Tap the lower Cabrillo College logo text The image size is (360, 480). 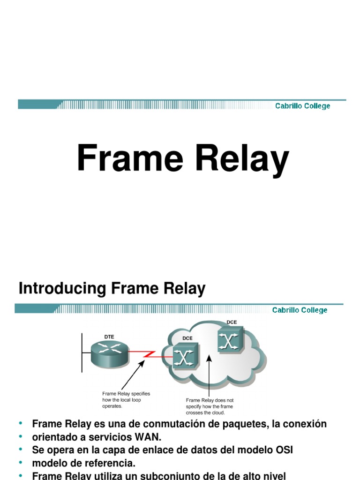pyautogui.click(x=300, y=310)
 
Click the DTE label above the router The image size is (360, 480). pyautogui.click(x=109, y=337)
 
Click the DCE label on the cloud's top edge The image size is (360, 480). pyautogui.click(x=232, y=322)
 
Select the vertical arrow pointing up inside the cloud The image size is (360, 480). pyautogui.click(x=210, y=375)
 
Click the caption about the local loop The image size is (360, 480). pyautogui.click(x=126, y=400)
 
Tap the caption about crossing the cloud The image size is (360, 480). pyautogui.click(x=210, y=406)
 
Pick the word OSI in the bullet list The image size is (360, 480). pyautogui.click(x=283, y=450)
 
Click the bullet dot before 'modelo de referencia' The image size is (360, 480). pyautogui.click(x=21, y=463)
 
